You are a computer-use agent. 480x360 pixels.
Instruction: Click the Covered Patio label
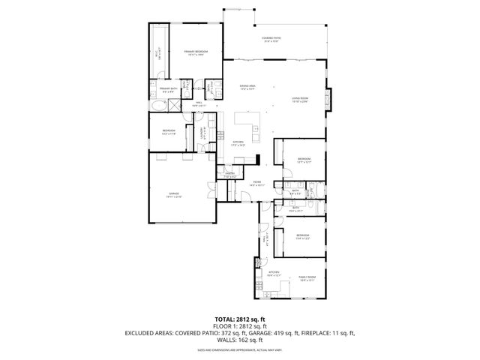[x=271, y=40]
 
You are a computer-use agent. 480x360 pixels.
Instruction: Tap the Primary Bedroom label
[x=196, y=52]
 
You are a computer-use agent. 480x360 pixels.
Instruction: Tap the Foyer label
[x=256, y=183]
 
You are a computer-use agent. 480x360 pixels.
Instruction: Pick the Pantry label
[x=230, y=175]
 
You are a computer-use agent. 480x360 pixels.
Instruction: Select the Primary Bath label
[x=166, y=90]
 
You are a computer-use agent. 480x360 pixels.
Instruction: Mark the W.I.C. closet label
[x=158, y=54]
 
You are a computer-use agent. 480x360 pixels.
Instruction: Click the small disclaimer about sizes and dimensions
[x=239, y=349]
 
